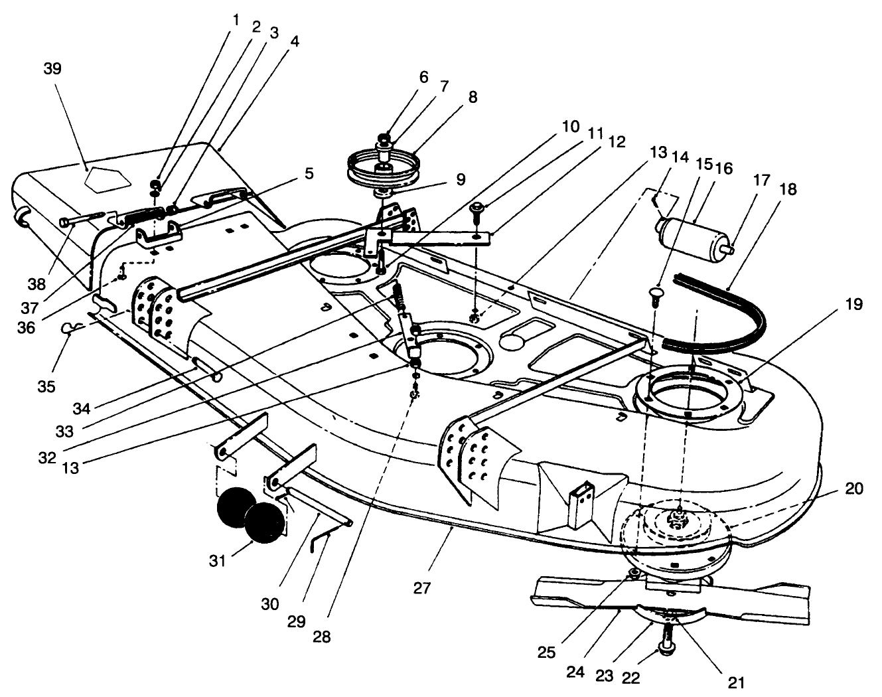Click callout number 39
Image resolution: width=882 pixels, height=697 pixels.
click(x=52, y=69)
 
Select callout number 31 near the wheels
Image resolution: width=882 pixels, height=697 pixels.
click(x=218, y=562)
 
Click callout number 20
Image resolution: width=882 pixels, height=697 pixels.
click(x=853, y=489)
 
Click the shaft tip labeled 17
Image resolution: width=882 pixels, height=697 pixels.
click(x=729, y=250)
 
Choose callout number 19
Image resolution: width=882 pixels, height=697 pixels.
click(x=853, y=305)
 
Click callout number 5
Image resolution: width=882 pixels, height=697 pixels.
click(x=309, y=175)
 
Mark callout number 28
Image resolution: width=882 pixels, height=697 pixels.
click(x=323, y=637)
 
